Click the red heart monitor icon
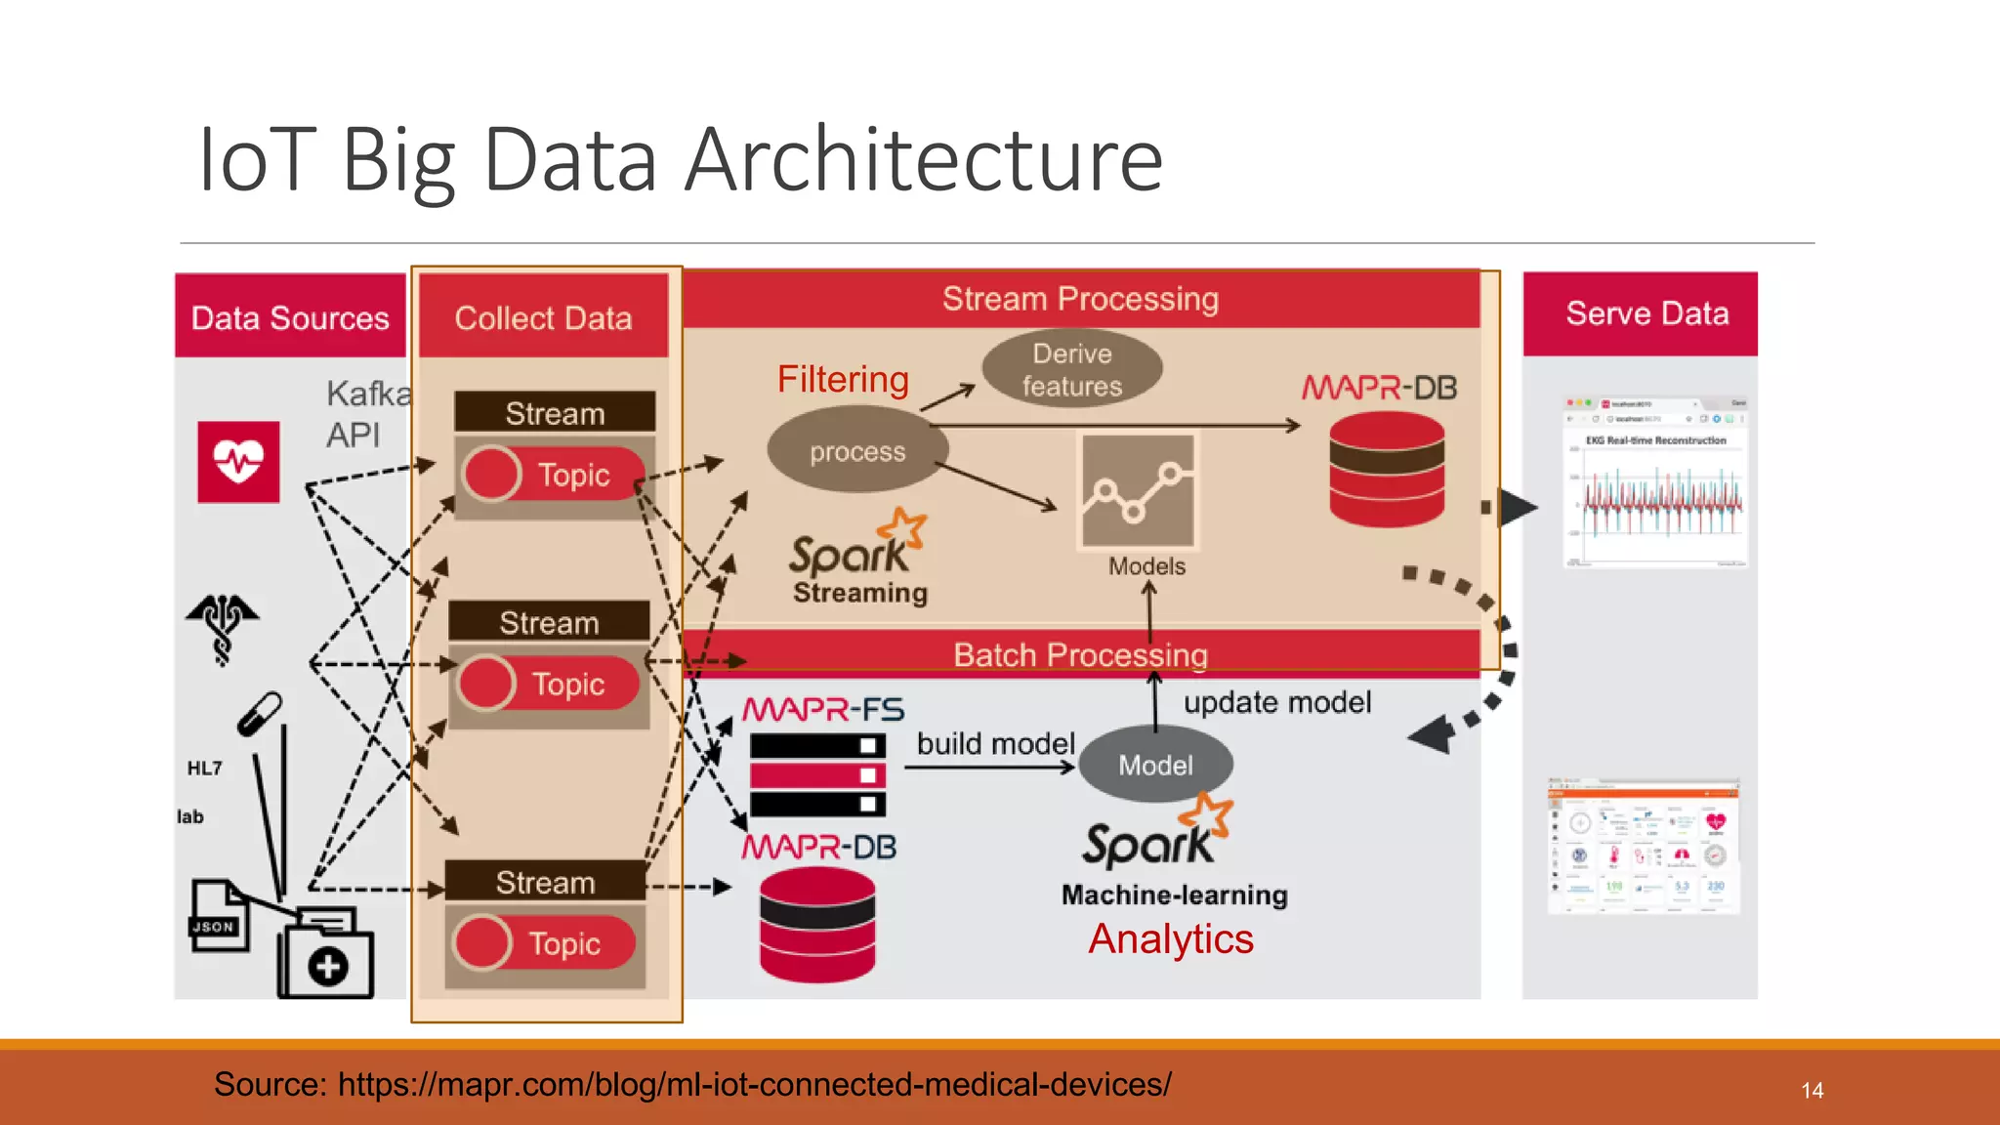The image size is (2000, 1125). [x=238, y=462]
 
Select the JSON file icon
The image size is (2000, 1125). [x=217, y=915]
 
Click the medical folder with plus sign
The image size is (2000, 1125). [x=326, y=954]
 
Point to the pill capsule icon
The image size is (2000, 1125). [x=260, y=714]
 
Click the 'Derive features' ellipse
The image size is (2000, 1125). [x=1071, y=369]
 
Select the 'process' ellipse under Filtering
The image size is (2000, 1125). [x=856, y=451]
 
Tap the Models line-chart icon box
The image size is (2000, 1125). [x=1138, y=491]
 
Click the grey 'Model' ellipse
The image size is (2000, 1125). [x=1155, y=765]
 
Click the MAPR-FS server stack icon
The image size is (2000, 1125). [x=817, y=775]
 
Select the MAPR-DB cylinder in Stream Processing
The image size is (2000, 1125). [x=1386, y=470]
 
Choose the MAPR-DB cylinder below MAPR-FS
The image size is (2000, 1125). [x=817, y=924]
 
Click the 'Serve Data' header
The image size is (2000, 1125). [x=1646, y=313]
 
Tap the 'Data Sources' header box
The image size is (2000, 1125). [x=290, y=317]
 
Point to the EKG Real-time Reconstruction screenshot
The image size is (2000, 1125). [x=1655, y=483]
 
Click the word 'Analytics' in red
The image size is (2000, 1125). [x=1170, y=939]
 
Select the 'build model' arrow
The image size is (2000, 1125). [x=988, y=769]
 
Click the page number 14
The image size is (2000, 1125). [x=1812, y=1091]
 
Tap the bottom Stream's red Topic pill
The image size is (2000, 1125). [x=545, y=943]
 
